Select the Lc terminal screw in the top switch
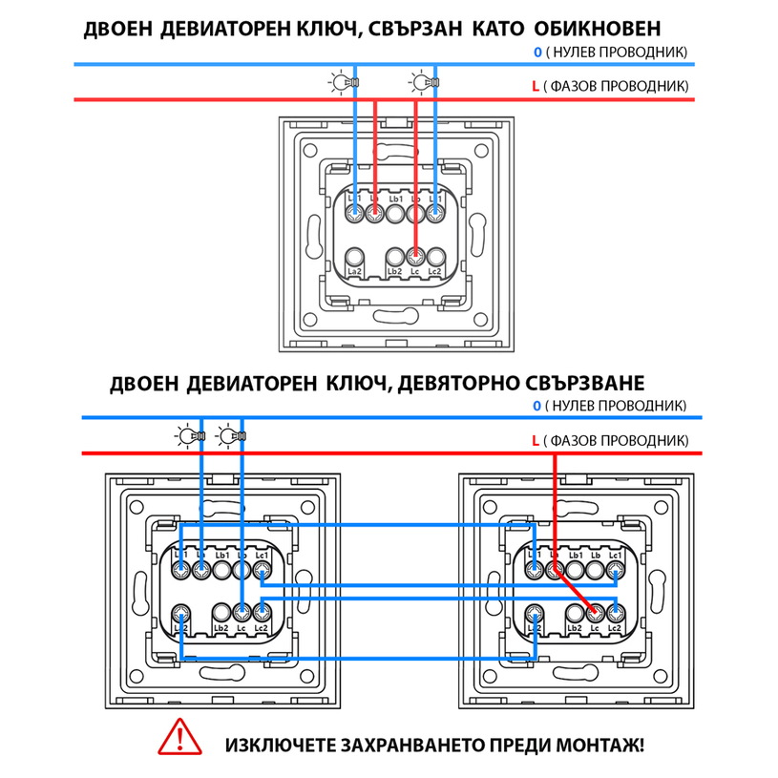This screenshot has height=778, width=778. [415, 256]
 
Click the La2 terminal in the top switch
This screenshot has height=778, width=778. [355, 256]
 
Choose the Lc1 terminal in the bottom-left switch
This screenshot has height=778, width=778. [263, 571]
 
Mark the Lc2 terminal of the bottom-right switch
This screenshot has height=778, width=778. [616, 612]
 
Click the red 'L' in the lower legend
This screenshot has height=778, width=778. [536, 441]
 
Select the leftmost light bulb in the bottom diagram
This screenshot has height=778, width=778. [185, 437]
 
